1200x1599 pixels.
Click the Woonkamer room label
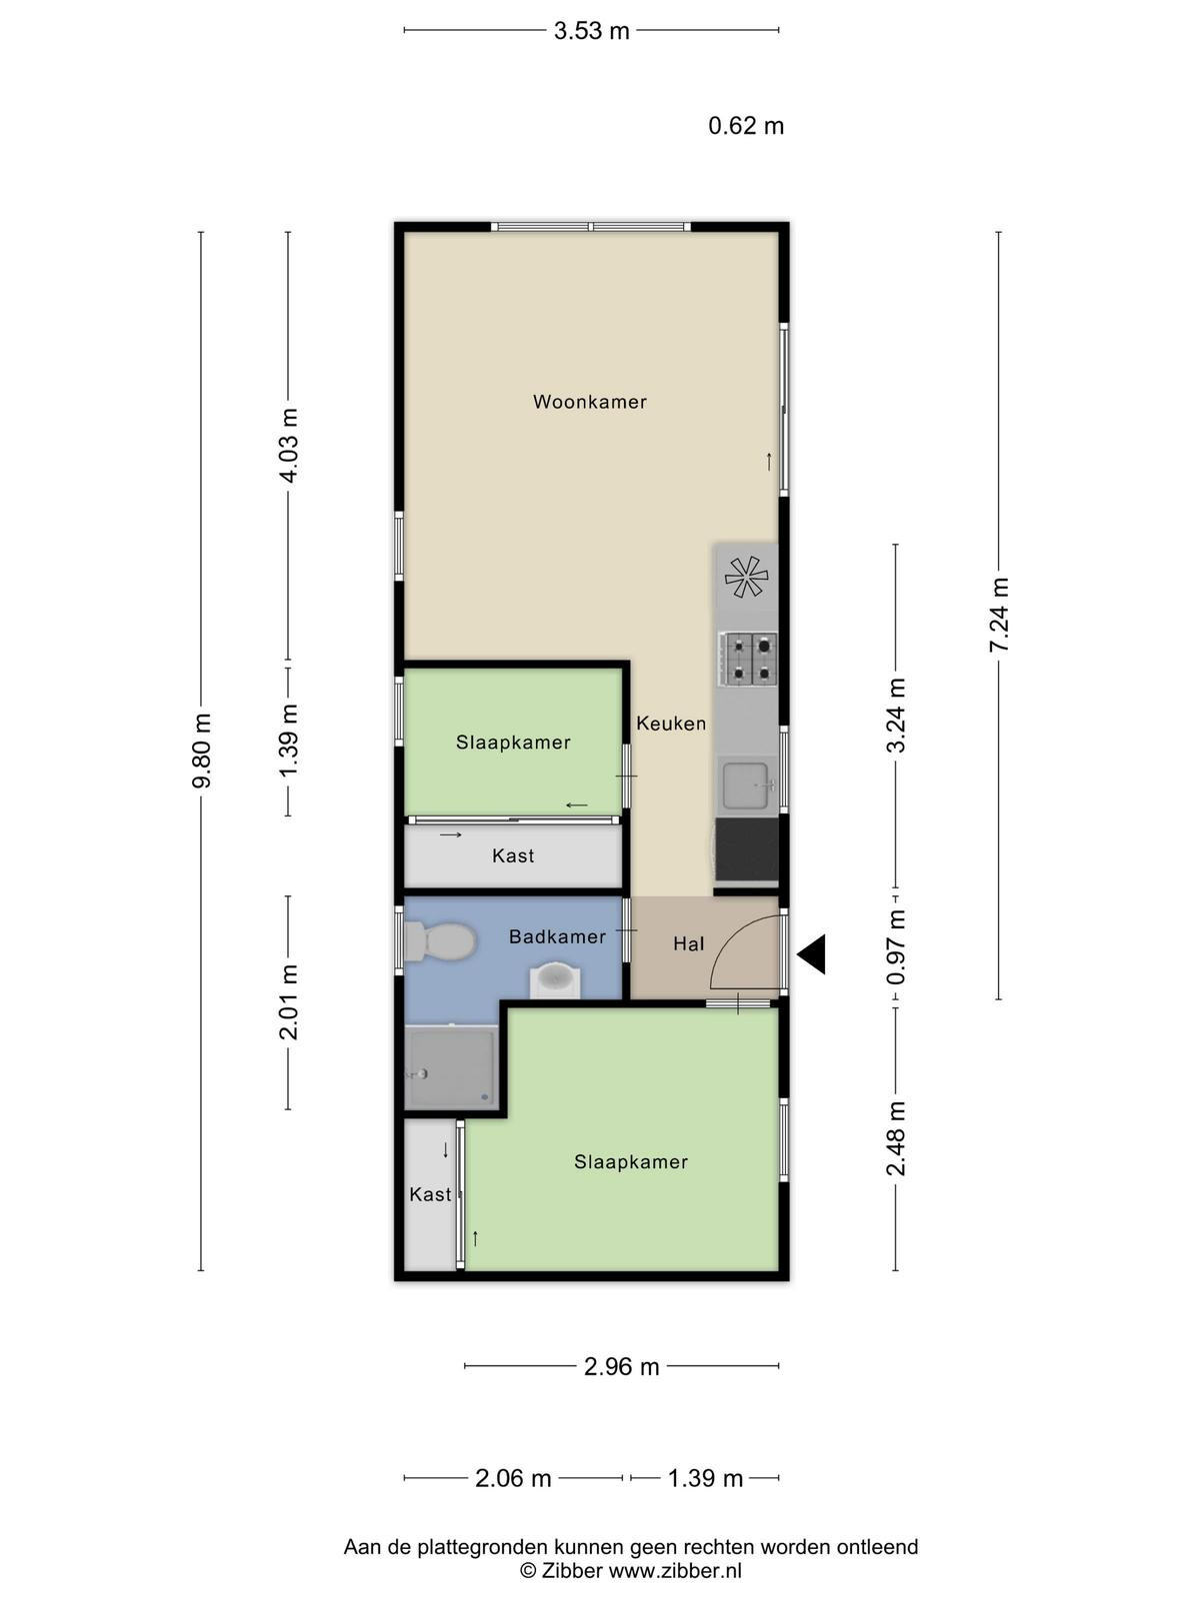coord(589,402)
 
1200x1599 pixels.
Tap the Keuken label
coord(671,724)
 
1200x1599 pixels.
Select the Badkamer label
coord(557,936)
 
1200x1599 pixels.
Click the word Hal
coord(689,944)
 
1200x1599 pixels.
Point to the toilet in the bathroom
coord(440,941)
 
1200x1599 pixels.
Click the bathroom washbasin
coord(555,978)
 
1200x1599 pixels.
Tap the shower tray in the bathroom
coord(451,1068)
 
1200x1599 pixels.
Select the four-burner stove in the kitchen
coord(748,660)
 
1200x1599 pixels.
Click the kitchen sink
coord(746,787)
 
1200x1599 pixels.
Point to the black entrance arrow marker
coord(811,954)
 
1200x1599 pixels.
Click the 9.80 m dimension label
coord(201,751)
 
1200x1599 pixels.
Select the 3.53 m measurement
coord(592,31)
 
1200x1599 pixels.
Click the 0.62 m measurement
coord(746,126)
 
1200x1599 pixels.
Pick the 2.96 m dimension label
coord(621,1366)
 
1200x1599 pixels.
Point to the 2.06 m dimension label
coord(513,1478)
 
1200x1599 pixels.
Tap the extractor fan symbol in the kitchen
coord(746,577)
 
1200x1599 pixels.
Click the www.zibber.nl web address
coord(675,1571)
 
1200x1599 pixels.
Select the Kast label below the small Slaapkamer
coord(513,855)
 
